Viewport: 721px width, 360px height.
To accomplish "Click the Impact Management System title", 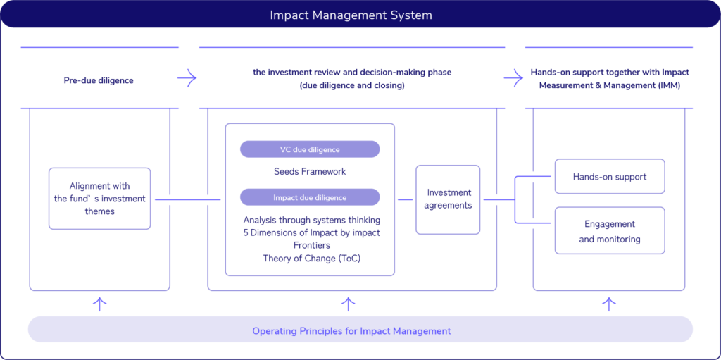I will pos(351,15).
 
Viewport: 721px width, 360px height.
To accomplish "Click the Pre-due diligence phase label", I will pos(99,80).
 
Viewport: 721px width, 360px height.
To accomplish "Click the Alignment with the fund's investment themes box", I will pos(99,199).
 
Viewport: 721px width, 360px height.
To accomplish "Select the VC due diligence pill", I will pos(310,149).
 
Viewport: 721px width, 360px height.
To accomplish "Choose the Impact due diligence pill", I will pos(310,197).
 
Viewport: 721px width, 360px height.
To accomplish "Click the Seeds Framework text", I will pos(310,172).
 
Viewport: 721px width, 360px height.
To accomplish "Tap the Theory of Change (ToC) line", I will pos(311,259).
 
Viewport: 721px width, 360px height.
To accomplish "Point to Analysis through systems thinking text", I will pos(311,220).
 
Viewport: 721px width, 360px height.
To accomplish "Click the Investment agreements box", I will pos(449,199).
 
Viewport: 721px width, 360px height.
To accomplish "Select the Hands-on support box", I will pos(610,176).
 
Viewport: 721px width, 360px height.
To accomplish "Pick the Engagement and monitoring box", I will pos(610,231).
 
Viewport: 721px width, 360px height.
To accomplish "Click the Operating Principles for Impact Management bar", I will pos(352,330).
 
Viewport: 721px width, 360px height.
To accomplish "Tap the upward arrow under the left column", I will pos(100,304).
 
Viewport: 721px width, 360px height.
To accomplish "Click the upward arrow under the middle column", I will pos(349,304).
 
